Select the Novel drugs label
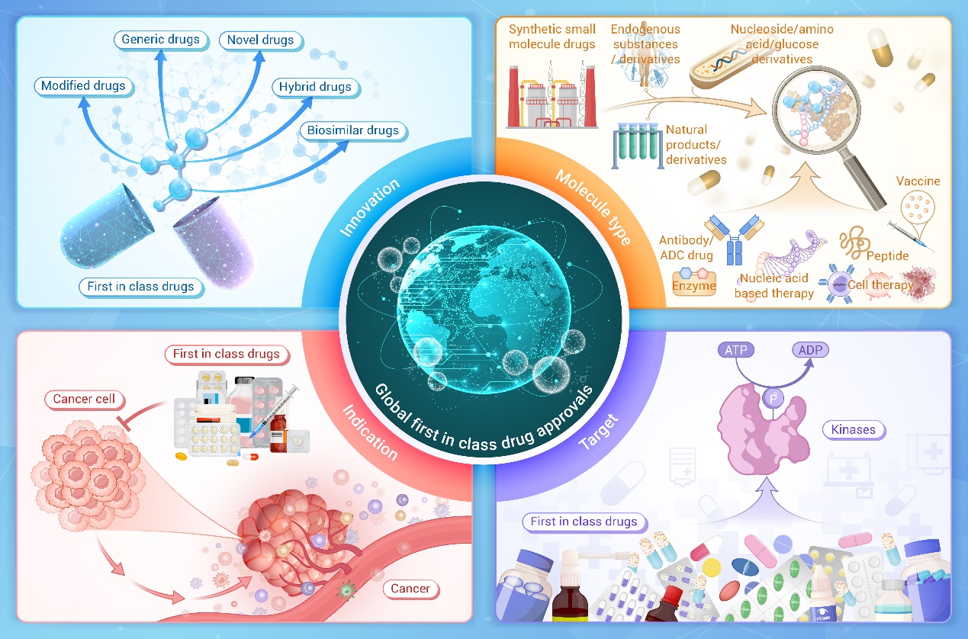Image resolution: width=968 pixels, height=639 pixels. click(x=260, y=40)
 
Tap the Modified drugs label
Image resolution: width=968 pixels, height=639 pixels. click(x=83, y=85)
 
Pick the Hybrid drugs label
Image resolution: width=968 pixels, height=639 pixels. click(x=315, y=86)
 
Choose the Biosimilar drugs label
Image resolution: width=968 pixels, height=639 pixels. click(x=352, y=130)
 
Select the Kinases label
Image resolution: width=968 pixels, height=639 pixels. click(x=854, y=430)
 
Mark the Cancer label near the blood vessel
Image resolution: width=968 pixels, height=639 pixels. click(x=410, y=588)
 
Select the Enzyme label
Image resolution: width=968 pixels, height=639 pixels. click(x=693, y=287)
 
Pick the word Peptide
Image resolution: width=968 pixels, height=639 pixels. click(x=887, y=255)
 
